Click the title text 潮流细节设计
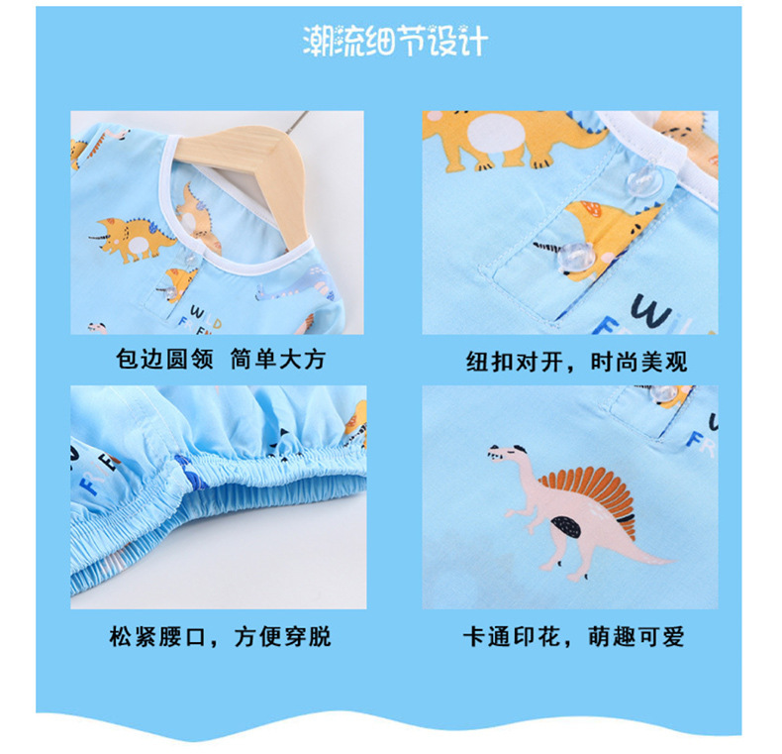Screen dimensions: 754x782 395,42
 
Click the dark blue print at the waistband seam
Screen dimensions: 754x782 190,475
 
